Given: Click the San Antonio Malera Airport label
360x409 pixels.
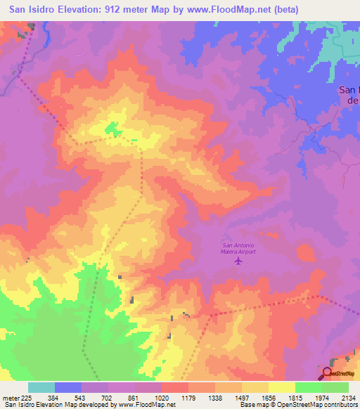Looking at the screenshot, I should coord(238,247).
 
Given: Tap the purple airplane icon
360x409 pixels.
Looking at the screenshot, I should coord(238,261).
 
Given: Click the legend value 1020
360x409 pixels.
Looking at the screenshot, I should coord(162,397).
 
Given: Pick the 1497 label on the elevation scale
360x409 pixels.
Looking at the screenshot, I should coord(242,397).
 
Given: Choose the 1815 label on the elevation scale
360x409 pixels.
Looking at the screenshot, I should coord(295,397).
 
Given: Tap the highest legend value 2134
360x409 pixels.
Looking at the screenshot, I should coord(349,397).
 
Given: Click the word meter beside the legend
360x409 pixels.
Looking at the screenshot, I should coord(10,397).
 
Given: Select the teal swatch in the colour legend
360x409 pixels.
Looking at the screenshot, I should coord(41,387).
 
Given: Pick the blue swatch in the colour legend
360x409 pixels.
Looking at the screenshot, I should coord(68,387).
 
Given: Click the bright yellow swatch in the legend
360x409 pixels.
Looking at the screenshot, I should coord(282,387).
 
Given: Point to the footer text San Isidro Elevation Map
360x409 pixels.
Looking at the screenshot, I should coord(45,405).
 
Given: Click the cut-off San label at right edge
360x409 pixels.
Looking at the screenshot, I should coord(349,89).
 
